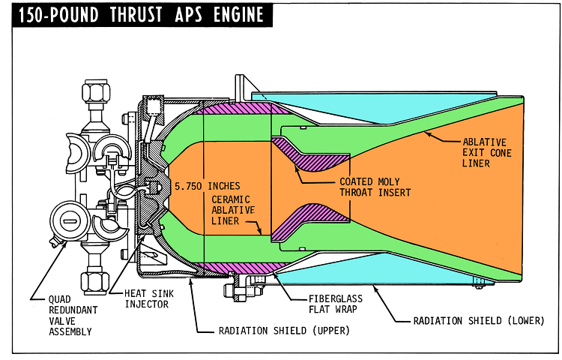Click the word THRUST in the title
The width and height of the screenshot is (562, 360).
(x=134, y=15)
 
